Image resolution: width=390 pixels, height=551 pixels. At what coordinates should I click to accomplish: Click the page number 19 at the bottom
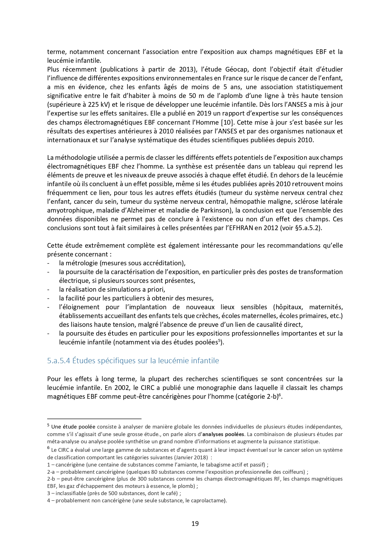tap(195, 523)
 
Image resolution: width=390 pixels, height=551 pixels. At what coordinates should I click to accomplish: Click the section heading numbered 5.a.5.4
tap(133, 361)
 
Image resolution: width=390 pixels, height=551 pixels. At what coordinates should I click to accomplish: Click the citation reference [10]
tap(227, 122)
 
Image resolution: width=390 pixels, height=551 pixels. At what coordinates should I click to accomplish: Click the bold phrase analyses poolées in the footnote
tap(223, 435)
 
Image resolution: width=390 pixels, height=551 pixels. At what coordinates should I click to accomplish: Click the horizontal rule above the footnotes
tap(94, 419)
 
